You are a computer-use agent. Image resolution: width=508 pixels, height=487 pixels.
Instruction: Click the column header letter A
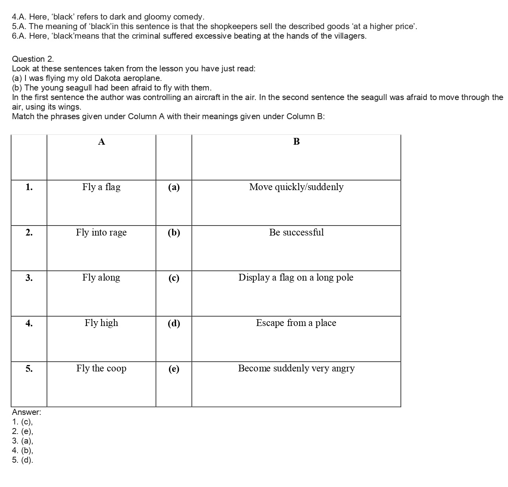pos(102,142)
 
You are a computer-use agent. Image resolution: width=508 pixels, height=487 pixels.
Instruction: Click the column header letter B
pos(296,142)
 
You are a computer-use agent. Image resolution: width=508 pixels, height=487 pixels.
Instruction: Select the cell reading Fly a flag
pos(101,187)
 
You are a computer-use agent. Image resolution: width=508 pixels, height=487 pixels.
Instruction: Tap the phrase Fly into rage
pos(101,233)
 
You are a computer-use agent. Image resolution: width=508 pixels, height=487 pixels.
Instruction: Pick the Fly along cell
pos(101,278)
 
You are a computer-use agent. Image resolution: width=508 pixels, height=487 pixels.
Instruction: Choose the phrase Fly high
pos(101,323)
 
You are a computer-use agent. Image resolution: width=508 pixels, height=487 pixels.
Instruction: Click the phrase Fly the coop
pos(101,369)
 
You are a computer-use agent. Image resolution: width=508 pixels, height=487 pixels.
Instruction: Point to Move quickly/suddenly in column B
pos(296,187)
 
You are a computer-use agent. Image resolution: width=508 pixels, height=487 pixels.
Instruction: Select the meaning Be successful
pos(296,233)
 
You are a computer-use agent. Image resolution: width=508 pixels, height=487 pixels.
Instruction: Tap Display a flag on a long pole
pos(296,278)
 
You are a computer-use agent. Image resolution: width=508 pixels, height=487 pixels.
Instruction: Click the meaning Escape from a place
pos(296,323)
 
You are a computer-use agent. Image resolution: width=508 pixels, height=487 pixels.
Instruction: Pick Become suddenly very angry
pos(296,369)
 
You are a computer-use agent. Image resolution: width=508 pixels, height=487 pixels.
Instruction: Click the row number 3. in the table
pos(29,278)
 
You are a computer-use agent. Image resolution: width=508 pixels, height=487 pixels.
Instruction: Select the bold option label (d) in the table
pos(174,324)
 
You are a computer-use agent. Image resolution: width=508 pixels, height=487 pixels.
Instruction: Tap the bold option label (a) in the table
pos(174,188)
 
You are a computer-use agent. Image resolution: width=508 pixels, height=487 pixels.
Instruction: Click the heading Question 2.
pos(33,59)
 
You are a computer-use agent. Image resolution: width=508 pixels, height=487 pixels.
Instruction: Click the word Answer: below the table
pos(26,412)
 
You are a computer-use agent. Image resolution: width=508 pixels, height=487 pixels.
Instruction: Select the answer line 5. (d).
pos(23,460)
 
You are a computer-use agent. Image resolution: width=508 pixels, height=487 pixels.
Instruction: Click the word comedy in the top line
pos(190,17)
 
